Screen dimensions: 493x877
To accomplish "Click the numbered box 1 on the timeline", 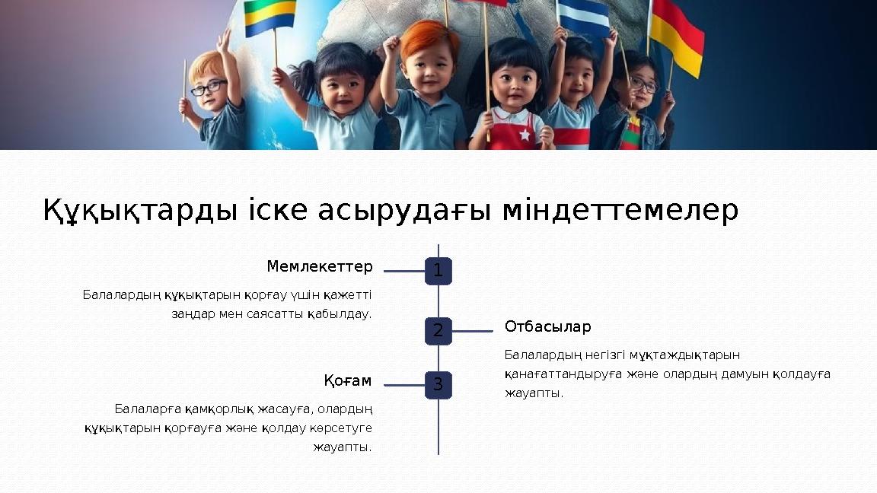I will (x=438, y=271).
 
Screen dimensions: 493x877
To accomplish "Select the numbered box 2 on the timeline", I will (x=438, y=331).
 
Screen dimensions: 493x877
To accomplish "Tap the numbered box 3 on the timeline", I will (x=438, y=385).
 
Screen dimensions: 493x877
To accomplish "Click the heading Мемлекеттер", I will (x=320, y=267).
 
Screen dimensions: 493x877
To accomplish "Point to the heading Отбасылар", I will (x=547, y=327).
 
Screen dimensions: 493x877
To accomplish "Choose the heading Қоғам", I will (x=348, y=380).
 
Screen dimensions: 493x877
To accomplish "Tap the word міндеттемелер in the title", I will (x=620, y=211).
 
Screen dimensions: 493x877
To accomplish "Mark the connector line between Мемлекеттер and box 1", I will (x=403, y=271).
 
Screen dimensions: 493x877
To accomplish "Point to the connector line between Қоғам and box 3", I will (x=403, y=385).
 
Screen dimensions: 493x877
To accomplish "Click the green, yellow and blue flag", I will (x=269, y=17).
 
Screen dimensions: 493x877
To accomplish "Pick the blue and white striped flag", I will (x=584, y=17).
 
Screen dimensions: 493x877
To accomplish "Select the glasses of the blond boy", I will (x=209, y=88).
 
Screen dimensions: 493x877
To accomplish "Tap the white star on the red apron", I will (x=525, y=135).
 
